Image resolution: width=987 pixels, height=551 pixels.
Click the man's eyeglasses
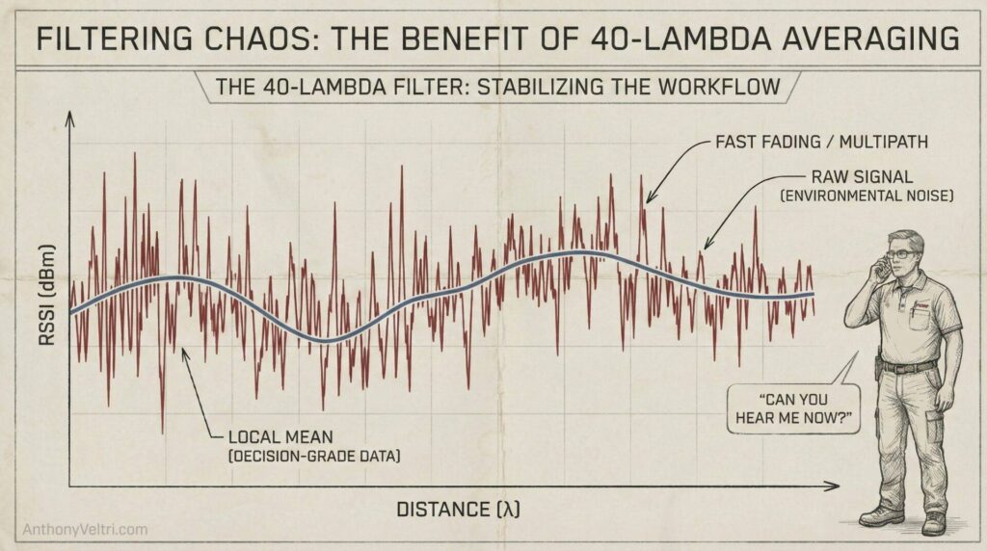pos(901,254)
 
